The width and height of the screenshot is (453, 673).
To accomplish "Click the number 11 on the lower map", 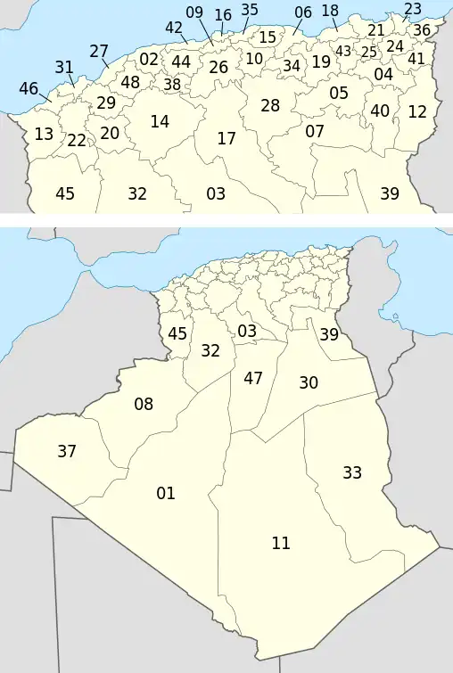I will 281,543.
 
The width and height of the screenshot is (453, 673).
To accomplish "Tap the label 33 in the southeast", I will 352,472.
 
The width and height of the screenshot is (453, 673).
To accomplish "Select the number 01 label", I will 166,493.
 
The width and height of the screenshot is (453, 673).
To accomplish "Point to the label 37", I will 67,451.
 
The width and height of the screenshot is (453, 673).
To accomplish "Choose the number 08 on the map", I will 144,405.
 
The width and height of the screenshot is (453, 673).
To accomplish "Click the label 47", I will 253,378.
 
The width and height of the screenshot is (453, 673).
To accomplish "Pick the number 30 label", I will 309,382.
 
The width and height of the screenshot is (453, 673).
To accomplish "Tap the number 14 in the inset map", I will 160,122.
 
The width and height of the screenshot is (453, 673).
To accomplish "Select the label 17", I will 226,139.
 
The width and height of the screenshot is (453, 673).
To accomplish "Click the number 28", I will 270,105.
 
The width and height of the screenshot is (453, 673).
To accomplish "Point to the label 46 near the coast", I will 29,88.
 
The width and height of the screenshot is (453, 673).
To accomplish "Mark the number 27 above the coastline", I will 99,51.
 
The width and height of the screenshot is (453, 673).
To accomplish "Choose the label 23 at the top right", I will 413,9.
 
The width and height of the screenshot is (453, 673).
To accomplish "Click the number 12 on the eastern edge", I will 417,111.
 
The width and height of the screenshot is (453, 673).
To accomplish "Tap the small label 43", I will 343,51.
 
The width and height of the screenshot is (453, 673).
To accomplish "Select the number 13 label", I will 44,135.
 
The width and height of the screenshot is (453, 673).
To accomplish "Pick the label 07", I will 315,131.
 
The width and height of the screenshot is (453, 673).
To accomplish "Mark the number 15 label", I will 268,37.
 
